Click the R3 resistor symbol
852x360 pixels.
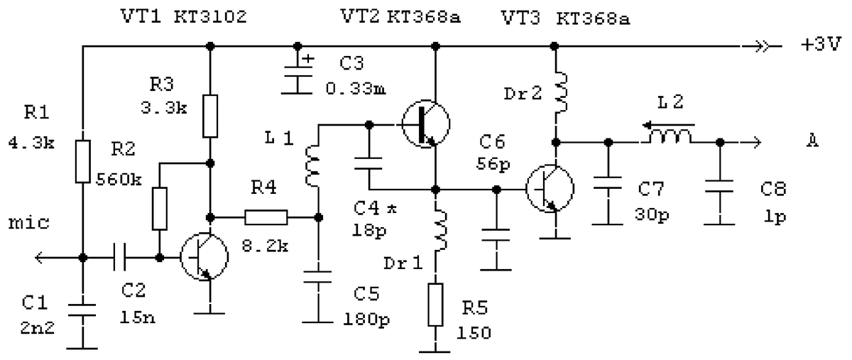(x=210, y=116)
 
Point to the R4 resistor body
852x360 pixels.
(x=266, y=217)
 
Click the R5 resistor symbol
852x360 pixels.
(x=435, y=305)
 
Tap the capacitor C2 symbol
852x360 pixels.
(x=121, y=256)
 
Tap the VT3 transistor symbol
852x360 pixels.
(x=549, y=189)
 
